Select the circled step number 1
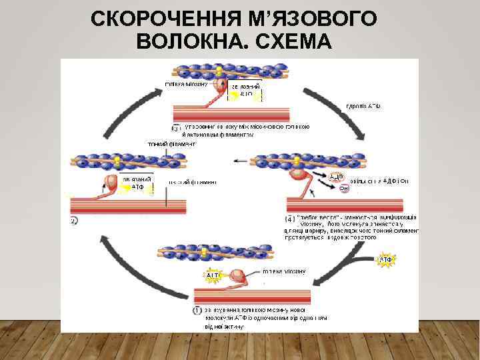(198, 310)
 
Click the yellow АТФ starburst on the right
(386, 259)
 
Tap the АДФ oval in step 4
(336, 177)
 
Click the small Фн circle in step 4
(344, 188)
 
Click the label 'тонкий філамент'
(171, 143)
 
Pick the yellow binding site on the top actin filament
(218, 70)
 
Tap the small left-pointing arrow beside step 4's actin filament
(238, 161)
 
